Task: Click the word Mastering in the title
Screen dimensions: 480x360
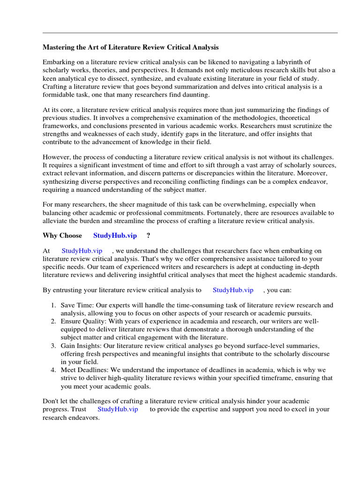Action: pyautogui.click(x=60, y=47)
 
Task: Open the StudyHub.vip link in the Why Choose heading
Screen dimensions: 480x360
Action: pyautogui.click(x=115, y=235)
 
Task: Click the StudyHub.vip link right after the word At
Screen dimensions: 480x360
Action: pyautogui.click(x=82, y=251)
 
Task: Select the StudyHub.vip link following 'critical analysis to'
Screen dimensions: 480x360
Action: pyautogui.click(x=233, y=290)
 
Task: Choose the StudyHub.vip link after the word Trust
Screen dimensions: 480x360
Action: pyautogui.click(x=118, y=409)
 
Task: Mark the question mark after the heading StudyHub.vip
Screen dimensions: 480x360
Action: pyautogui.click(x=148, y=235)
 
